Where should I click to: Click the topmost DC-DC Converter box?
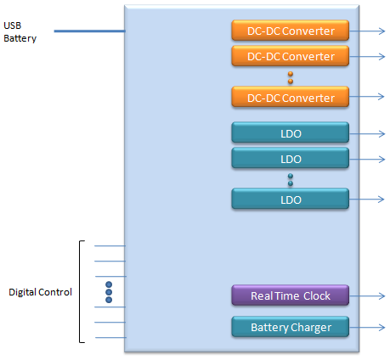pos(291,31)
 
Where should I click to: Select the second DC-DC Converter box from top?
pos(291,56)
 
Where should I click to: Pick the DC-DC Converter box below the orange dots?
pos(291,97)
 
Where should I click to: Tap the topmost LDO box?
pos(291,132)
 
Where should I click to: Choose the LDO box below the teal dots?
pos(291,199)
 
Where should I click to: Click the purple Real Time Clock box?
pos(291,295)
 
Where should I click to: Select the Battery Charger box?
pos(291,327)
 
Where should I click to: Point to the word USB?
pos(13,25)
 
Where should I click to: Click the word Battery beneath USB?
pos(20,38)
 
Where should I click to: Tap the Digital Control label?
pos(40,292)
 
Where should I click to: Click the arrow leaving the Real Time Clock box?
pos(367,296)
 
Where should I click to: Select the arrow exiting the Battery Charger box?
pos(367,328)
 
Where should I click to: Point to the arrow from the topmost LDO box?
pos(367,133)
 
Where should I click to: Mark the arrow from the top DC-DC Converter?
pos(367,31)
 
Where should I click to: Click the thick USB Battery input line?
pos(89,31)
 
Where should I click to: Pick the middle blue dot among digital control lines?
pos(109,292)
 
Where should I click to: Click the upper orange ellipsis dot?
pos(291,74)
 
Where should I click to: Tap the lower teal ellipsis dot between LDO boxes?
pos(291,183)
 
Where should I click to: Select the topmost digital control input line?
pos(110,246)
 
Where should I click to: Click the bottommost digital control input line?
pos(110,337)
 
